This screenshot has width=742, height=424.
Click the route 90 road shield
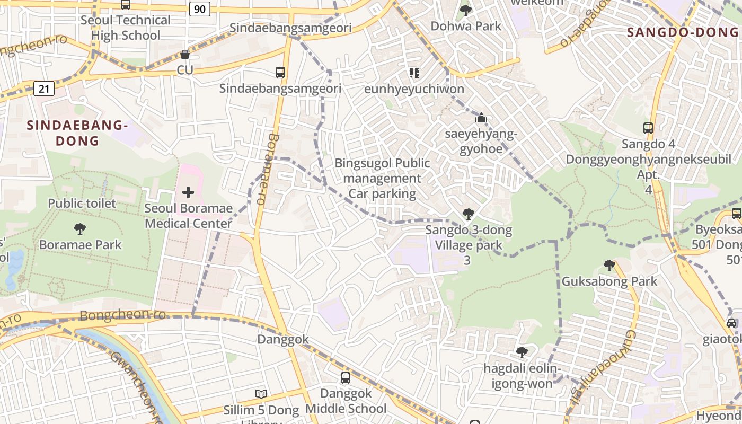pyautogui.click(x=200, y=9)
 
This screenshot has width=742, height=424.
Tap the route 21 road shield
pyautogui.click(x=44, y=89)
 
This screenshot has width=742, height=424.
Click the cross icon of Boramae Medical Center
pyautogui.click(x=188, y=192)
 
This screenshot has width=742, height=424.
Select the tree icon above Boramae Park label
pyautogui.click(x=80, y=229)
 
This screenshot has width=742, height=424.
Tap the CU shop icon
pyautogui.click(x=185, y=55)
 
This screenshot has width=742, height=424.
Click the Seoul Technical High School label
pyautogui.click(x=126, y=28)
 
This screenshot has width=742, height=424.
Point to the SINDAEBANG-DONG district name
pyautogui.click(x=77, y=133)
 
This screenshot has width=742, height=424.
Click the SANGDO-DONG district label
pyautogui.click(x=683, y=32)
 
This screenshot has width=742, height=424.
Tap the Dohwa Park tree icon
pyautogui.click(x=466, y=10)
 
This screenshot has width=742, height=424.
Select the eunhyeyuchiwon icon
pyautogui.click(x=414, y=73)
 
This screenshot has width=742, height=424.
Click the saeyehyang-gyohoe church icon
pyautogui.click(x=481, y=118)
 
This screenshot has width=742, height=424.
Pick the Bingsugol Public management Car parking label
pyautogui.click(x=382, y=178)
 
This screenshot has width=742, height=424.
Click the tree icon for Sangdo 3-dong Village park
pyautogui.click(x=468, y=214)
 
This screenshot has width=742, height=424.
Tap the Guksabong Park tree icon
pyautogui.click(x=609, y=265)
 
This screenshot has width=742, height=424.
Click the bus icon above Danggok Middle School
pyautogui.click(x=346, y=378)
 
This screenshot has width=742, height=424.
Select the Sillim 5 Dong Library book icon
pyautogui.click(x=261, y=394)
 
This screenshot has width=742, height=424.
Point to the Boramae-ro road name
pyautogui.click(x=267, y=169)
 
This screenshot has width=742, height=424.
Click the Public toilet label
pyautogui.click(x=82, y=203)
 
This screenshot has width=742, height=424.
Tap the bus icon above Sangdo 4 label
pyautogui.click(x=648, y=128)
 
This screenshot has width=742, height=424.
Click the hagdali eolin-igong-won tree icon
pyautogui.click(x=522, y=352)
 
